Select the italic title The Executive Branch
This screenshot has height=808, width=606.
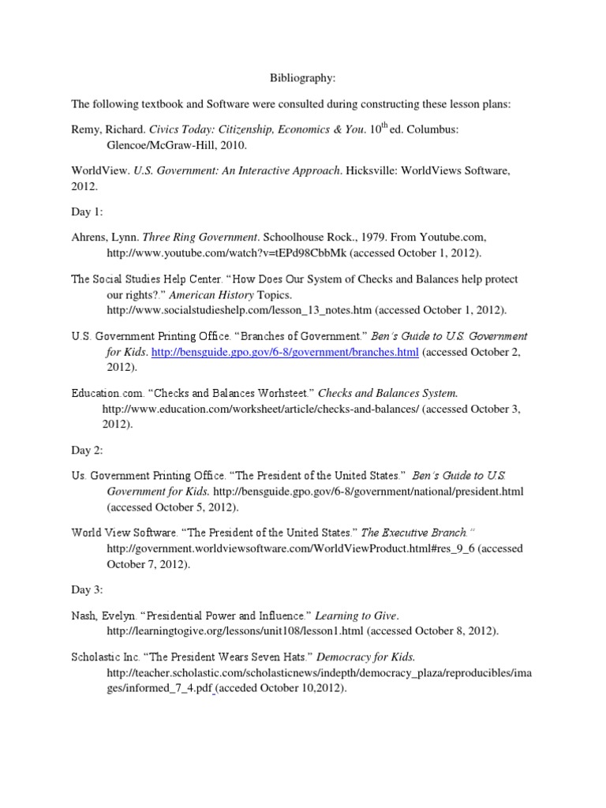(414, 533)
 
